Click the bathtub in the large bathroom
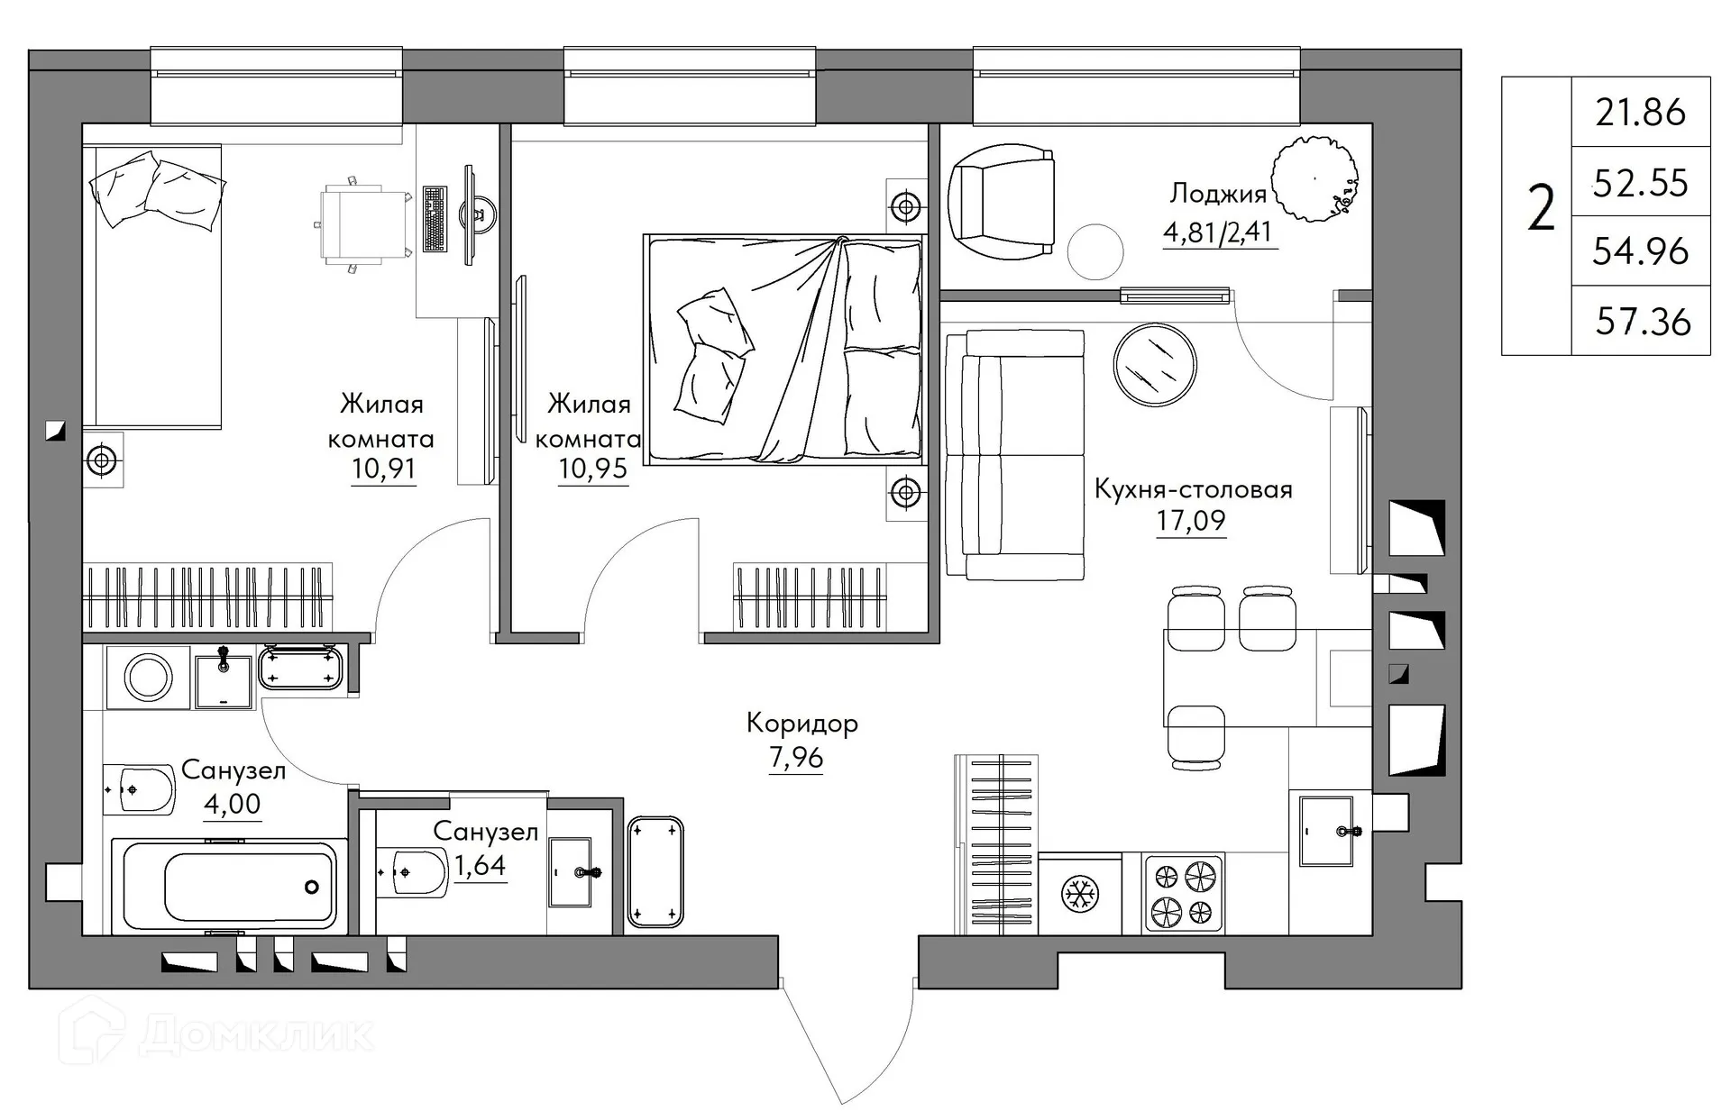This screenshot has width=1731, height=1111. [230, 887]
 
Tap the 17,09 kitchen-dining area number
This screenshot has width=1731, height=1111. [1191, 521]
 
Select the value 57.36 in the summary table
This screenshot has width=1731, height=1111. [1643, 322]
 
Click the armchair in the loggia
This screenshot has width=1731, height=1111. [1002, 199]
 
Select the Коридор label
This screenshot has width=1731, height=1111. [801, 724]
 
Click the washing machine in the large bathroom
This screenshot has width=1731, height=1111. [148, 677]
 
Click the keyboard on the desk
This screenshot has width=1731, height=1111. [435, 219]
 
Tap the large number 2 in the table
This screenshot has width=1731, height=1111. [1541, 208]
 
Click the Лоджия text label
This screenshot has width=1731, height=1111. [1217, 194]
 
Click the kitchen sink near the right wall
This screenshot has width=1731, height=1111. [1326, 831]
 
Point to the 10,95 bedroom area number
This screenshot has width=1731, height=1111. [592, 469]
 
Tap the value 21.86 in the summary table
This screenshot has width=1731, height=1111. [1640, 113]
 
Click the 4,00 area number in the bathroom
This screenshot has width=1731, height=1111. [232, 803]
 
